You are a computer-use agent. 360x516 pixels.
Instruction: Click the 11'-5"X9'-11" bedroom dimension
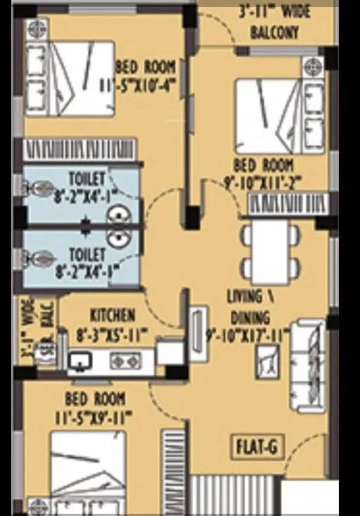point(95,418)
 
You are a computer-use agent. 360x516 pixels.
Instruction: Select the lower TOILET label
point(86,253)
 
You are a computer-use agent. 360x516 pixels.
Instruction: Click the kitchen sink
point(79,361)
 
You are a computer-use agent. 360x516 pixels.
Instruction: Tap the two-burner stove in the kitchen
point(126,361)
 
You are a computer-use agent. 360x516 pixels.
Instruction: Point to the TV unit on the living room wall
point(197,334)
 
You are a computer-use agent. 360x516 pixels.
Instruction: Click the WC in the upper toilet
point(35,188)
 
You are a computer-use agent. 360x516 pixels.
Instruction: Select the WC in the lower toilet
point(35,259)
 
